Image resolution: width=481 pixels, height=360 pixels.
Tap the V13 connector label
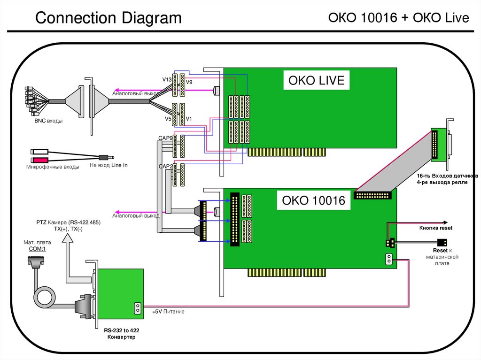click(167, 80)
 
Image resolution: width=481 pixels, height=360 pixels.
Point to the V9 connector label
click(189, 83)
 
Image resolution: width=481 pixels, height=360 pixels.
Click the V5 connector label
click(168, 119)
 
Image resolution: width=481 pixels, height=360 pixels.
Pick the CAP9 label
click(165, 138)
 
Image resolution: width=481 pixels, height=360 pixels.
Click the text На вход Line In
click(109, 166)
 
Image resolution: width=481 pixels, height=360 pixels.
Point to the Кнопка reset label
click(435, 228)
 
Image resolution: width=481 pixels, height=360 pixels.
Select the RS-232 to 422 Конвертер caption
click(121, 334)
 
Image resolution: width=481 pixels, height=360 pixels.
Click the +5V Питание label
click(168, 312)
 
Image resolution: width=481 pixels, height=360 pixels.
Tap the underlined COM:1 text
click(39, 249)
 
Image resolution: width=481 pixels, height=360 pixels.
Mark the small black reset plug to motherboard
click(442, 242)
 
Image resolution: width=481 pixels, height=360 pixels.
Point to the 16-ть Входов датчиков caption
click(446, 176)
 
